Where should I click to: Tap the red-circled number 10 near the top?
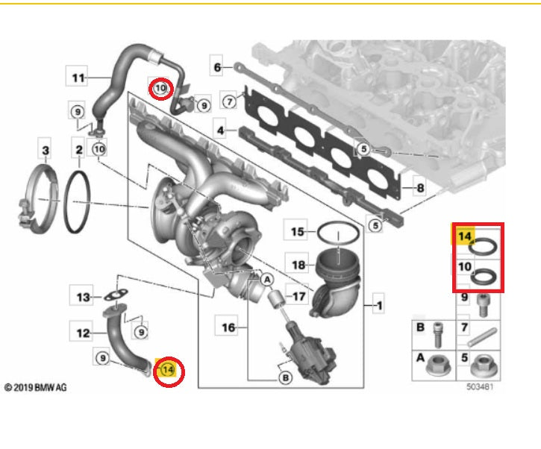(160, 89)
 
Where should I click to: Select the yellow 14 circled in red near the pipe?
(168, 369)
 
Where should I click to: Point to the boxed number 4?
(221, 131)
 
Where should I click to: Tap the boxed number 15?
(298, 233)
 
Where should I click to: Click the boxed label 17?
(298, 296)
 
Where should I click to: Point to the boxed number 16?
(228, 326)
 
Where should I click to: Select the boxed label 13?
(83, 297)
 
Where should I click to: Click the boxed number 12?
(82, 333)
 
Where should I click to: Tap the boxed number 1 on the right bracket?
(378, 305)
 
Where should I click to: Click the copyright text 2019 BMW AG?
(36, 388)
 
